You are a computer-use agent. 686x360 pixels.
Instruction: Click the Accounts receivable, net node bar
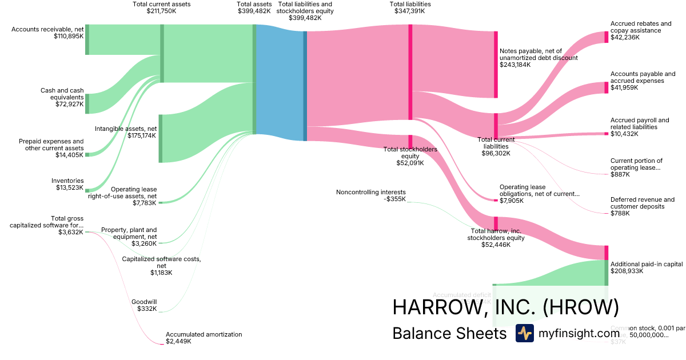pyautogui.click(x=87, y=39)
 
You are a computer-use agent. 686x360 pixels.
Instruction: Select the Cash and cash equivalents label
pyautogui.click(x=62, y=94)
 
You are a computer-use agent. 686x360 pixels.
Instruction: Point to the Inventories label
pyautogui.click(x=67, y=181)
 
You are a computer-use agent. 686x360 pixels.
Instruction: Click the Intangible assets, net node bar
pyautogui.click(x=161, y=138)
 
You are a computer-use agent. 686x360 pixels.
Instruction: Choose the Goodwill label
pyautogui.click(x=144, y=302)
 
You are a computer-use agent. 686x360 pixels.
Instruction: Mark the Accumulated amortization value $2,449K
pyautogui.click(x=178, y=341)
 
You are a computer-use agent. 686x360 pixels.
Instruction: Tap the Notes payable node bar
pyautogui.click(x=496, y=65)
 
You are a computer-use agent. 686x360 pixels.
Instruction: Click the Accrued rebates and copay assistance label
pyautogui.click(x=641, y=27)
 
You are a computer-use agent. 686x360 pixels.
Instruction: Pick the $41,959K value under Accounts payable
pyautogui.click(x=625, y=87)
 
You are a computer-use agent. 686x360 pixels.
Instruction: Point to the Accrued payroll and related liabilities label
pyautogui.click(x=639, y=123)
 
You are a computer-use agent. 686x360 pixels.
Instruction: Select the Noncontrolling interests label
pyautogui.click(x=371, y=192)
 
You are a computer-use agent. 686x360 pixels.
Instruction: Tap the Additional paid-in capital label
pyautogui.click(x=647, y=264)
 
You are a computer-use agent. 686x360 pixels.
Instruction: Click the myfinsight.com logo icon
pyautogui.click(x=524, y=333)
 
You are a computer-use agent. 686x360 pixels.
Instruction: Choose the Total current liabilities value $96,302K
pyautogui.click(x=496, y=153)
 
